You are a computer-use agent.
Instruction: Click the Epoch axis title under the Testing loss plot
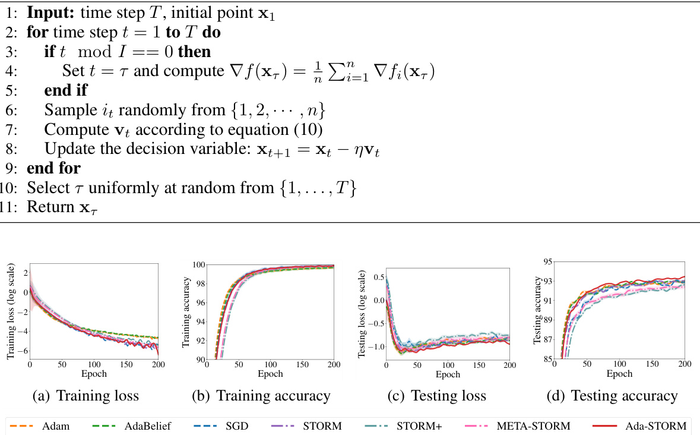coord(448,374)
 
